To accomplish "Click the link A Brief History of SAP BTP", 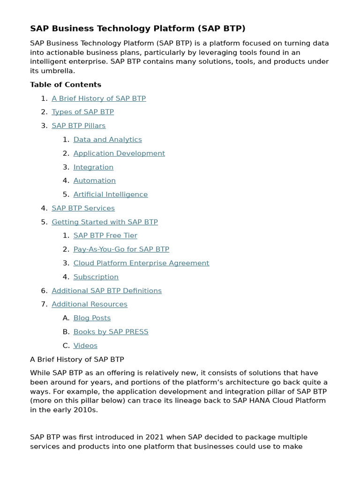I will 98,98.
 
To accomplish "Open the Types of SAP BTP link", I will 82,112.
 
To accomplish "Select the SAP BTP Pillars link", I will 78,126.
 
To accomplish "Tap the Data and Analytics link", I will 107,140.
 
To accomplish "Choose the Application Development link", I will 119,153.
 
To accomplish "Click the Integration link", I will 93,167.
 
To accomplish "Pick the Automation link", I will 94,180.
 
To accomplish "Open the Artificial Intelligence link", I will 110,195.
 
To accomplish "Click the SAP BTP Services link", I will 83,208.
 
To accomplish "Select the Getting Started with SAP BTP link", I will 105,222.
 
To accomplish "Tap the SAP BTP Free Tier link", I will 105,236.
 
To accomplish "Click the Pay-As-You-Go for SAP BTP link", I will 121,249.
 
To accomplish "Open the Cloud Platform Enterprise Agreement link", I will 141,263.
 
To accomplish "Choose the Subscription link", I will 96,277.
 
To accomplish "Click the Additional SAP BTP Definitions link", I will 106,291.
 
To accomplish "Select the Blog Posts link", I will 92,318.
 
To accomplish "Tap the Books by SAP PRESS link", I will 111,332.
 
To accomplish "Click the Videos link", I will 85,345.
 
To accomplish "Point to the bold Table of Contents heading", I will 66,85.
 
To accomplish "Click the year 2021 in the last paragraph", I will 154,437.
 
